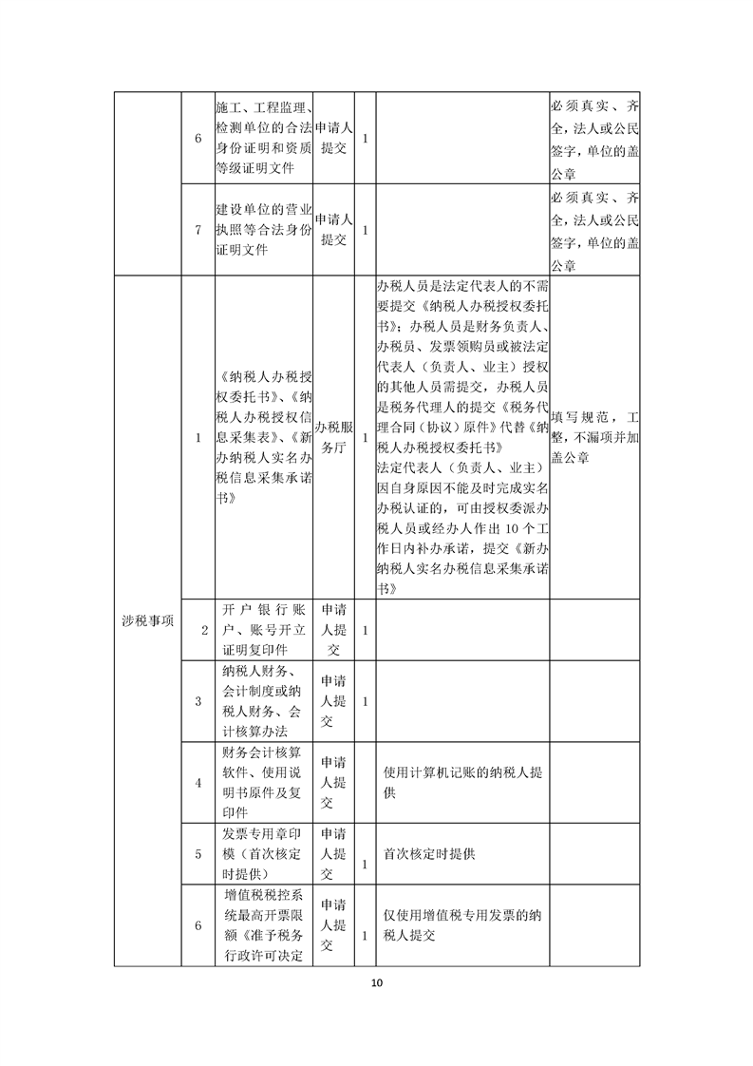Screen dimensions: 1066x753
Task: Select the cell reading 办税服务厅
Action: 333,438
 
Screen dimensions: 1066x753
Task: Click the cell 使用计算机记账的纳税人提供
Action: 462,782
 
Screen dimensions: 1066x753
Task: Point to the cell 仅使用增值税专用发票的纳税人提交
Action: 462,926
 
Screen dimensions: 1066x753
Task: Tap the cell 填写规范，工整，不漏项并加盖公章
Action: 594,438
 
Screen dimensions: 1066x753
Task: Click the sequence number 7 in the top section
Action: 198,230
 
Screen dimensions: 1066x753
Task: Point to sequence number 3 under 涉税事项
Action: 198,701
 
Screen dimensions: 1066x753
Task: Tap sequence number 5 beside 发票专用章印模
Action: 198,853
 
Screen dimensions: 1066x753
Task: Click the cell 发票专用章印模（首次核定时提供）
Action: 263,853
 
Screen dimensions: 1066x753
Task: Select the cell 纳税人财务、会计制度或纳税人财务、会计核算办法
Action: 263,701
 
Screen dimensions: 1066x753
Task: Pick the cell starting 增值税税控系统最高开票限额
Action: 263,926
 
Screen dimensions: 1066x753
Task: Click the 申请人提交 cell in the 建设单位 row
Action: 333,230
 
